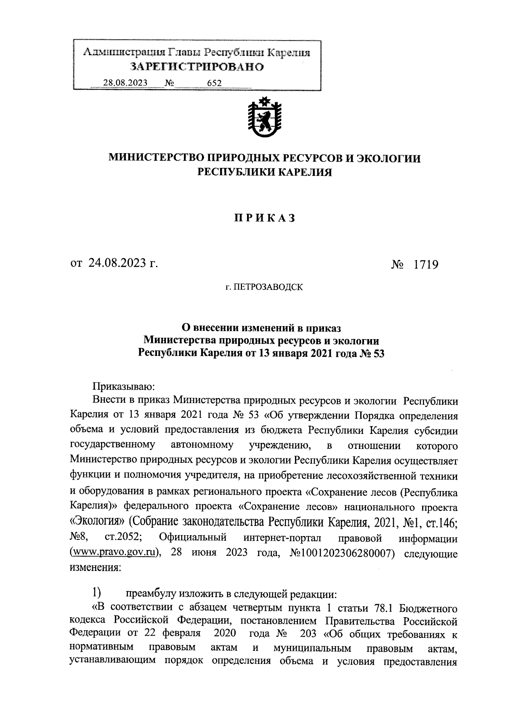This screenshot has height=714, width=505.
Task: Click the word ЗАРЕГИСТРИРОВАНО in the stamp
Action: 197,67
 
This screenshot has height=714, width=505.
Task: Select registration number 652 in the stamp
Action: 215,83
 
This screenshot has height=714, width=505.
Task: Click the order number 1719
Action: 426,265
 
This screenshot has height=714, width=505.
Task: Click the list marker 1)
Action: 96,594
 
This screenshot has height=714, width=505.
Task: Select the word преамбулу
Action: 151,594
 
